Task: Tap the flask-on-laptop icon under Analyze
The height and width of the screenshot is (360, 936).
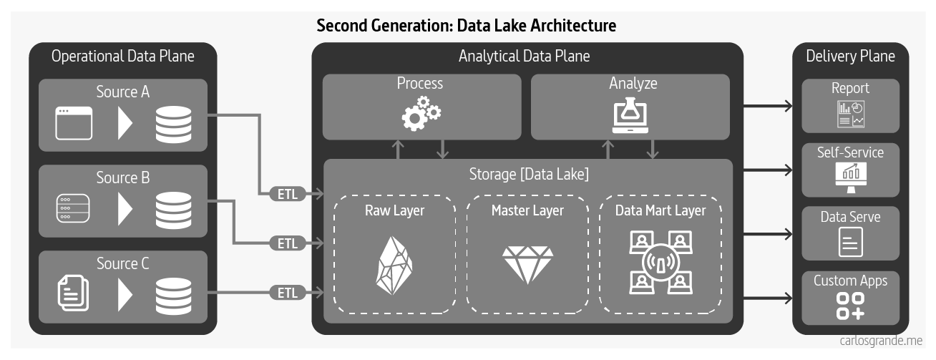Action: coord(632,115)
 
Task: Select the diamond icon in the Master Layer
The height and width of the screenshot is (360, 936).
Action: coord(527,264)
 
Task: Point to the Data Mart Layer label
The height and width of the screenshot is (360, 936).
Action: coord(660,210)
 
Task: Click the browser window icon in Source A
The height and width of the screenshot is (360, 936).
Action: coord(74,123)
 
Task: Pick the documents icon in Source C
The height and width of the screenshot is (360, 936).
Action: coord(73,293)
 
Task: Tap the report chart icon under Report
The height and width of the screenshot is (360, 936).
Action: coord(850,115)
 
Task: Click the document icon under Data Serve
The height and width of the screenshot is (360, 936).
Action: coord(850,242)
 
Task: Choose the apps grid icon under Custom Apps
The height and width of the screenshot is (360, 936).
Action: coord(850,306)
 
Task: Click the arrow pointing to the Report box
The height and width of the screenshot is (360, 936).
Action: coord(769,107)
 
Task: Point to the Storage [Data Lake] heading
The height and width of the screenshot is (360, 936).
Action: coord(529,174)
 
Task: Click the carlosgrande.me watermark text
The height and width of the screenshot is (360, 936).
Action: coord(881,341)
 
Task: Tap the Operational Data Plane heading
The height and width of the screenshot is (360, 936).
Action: coord(123,56)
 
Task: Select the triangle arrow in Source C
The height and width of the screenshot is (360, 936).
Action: coord(125,293)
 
